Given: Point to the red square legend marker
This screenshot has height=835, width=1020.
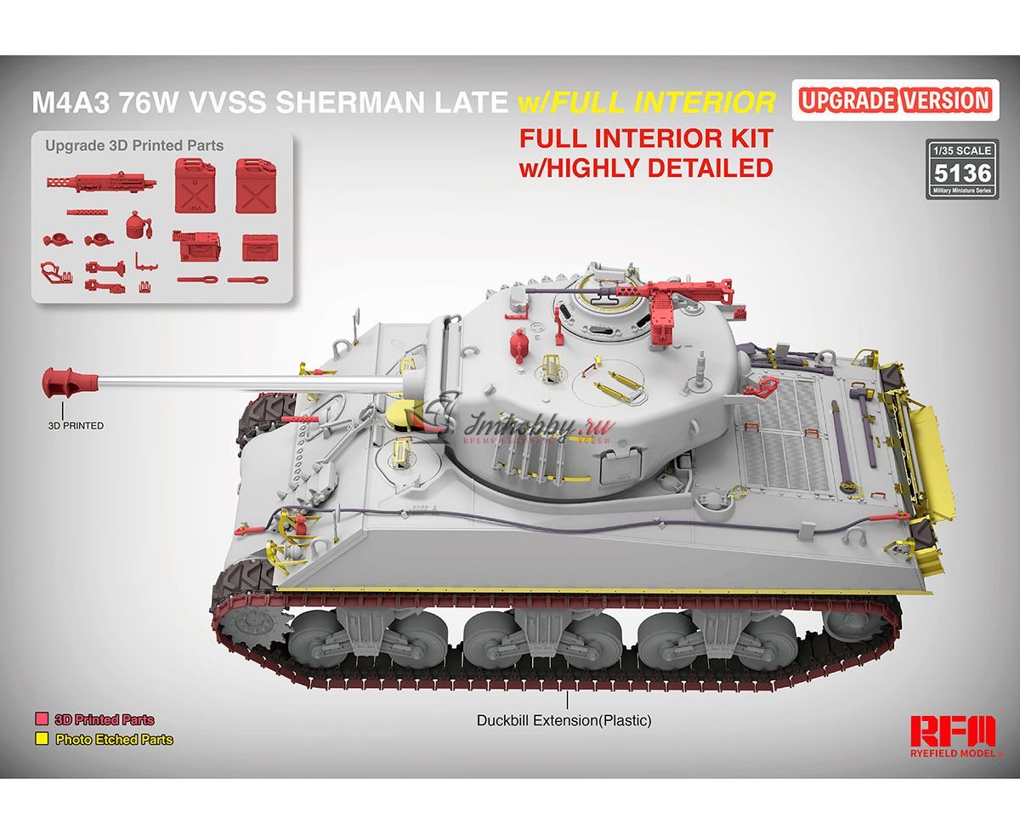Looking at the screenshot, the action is (41, 720).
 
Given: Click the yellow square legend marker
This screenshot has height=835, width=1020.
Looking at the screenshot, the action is (41, 739).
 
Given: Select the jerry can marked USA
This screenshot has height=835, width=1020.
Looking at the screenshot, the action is (195, 185).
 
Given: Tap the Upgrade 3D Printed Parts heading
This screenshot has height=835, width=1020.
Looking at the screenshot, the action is (134, 145).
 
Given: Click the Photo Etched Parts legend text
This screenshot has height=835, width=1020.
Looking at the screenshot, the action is (115, 740).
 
